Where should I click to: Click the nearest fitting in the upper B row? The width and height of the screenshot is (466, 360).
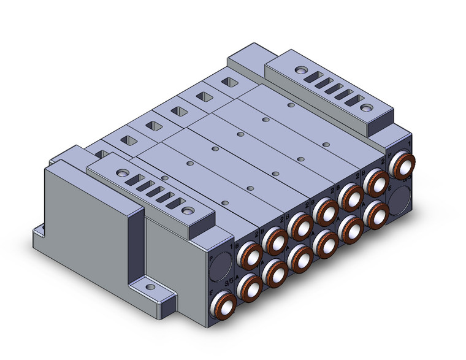point(250,253)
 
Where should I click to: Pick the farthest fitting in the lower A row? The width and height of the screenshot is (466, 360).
point(375,214)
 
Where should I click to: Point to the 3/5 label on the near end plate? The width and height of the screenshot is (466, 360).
point(230,280)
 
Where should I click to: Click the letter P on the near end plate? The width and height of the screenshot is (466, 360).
point(213,260)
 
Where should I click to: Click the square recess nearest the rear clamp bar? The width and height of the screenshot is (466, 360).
point(228,82)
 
